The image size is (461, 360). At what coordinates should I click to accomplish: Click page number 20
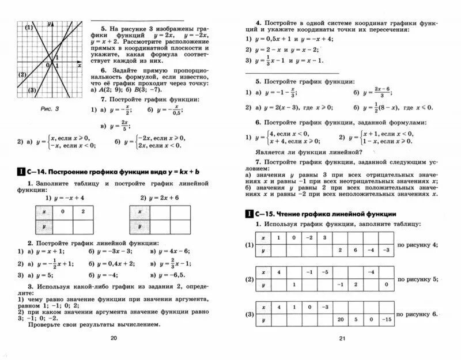[x=112, y=338]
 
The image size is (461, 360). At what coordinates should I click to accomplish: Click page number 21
[x=341, y=338]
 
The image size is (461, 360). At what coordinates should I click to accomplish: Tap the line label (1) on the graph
[x=27, y=27]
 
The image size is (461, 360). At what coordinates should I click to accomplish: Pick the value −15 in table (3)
[x=387, y=319]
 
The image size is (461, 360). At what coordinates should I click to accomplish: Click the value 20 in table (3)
[x=340, y=319]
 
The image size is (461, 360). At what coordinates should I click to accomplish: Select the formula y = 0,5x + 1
[x=273, y=39]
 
